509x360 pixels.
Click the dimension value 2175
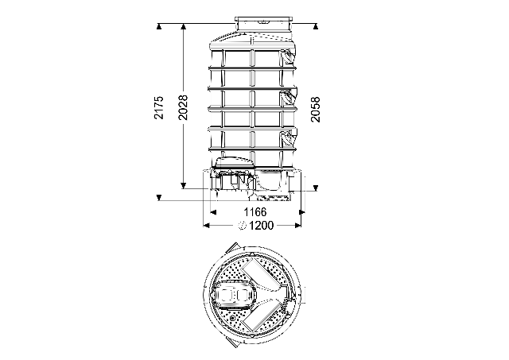click(x=159, y=107)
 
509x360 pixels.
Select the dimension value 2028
click(x=184, y=107)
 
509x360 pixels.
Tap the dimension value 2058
click(x=315, y=110)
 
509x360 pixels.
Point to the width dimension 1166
click(x=255, y=212)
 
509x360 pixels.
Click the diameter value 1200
click(x=262, y=226)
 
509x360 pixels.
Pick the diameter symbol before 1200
click(x=243, y=226)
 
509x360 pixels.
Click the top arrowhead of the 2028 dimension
click(x=184, y=26)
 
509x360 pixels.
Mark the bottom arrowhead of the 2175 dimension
click(x=159, y=198)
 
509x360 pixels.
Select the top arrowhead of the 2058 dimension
click(x=315, y=26)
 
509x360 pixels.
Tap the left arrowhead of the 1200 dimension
click(x=207, y=226)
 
